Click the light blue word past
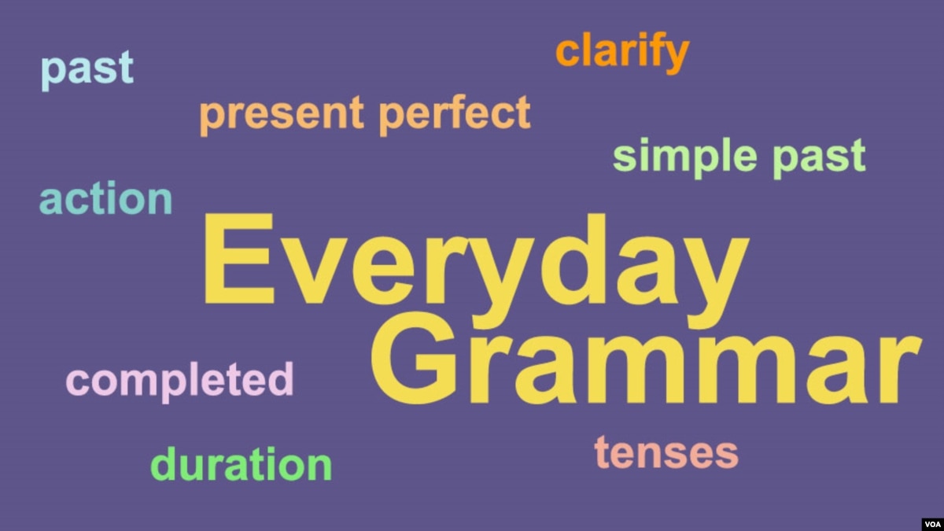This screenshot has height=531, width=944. tap(87, 71)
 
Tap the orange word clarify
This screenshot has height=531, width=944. tap(622, 53)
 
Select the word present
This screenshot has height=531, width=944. tap(282, 116)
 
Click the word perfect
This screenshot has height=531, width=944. tap(455, 115)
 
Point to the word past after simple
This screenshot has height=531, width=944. tap(819, 159)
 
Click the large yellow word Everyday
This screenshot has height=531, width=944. tap(476, 271)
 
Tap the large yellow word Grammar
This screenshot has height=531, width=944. tap(646, 358)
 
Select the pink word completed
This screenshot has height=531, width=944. tap(179, 382)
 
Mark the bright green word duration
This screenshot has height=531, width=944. tap(241, 463)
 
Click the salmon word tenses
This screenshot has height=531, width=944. tap(666, 453)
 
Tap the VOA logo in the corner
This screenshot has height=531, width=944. tap(933, 524)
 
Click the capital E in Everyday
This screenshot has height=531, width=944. tap(239, 258)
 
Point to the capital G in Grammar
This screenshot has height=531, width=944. tap(414, 358)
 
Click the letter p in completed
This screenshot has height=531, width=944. tap(174, 386)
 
